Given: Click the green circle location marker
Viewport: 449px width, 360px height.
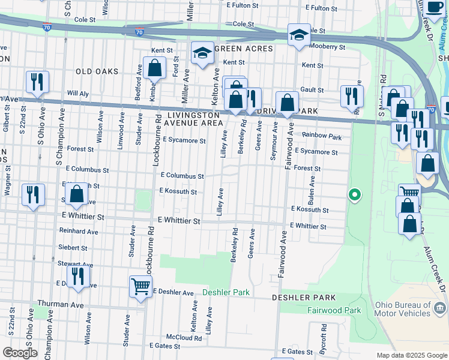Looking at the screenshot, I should [355, 194].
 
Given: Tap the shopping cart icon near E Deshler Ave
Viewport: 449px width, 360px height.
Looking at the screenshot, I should [140, 287].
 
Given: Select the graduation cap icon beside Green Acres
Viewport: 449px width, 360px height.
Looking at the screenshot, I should [203, 53].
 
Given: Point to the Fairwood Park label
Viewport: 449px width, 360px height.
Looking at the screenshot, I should [334, 310].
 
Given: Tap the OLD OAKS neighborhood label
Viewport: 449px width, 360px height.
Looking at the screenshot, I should [97, 71].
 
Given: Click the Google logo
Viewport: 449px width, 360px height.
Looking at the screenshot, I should [20, 353].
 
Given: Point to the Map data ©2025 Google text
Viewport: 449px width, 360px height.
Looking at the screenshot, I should [411, 355].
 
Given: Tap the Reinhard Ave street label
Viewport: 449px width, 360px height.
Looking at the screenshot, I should [78, 231].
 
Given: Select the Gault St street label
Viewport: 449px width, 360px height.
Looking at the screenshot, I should [312, 89].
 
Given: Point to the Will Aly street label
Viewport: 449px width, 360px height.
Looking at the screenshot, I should [77, 94].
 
